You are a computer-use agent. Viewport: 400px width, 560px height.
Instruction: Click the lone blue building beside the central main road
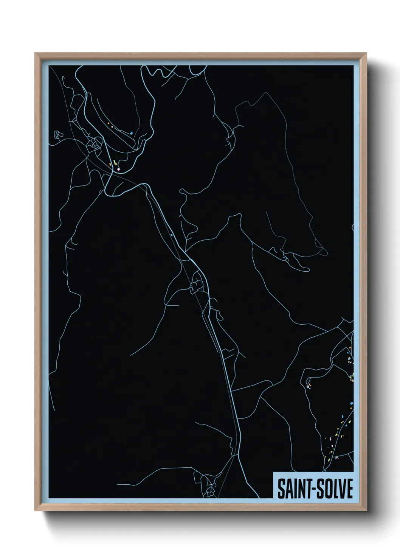[x=172, y=235]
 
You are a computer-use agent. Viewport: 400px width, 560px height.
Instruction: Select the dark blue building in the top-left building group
[x=131, y=133]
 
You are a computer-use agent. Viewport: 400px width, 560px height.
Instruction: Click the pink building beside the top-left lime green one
[x=118, y=169]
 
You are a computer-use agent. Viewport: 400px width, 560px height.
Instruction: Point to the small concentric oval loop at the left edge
[x=57, y=134]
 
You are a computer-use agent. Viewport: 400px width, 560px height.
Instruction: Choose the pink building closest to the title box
[x=336, y=457]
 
